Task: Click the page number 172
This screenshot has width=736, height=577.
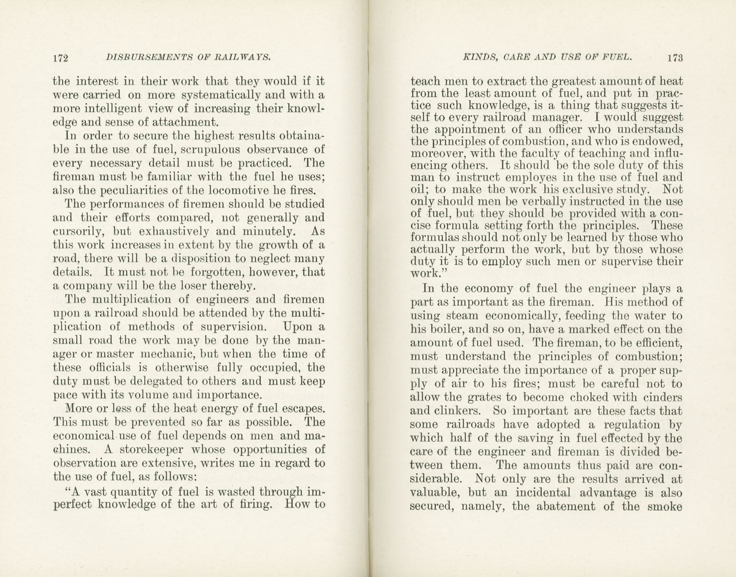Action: (x=62, y=57)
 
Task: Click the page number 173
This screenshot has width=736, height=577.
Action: (x=674, y=57)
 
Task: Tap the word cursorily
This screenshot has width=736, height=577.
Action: (x=77, y=231)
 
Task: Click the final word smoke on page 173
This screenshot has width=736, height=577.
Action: (x=665, y=506)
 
